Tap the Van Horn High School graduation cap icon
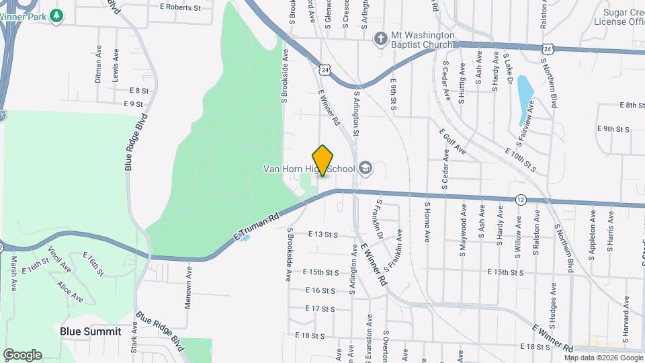click(x=365, y=167)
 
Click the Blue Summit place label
click(x=91, y=331)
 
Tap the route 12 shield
click(x=521, y=200)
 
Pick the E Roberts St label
click(x=180, y=8)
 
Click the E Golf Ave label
click(x=452, y=142)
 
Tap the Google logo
click(x=22, y=354)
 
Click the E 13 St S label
click(x=322, y=235)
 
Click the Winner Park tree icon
click(x=58, y=14)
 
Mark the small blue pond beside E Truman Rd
click(x=245, y=237)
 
